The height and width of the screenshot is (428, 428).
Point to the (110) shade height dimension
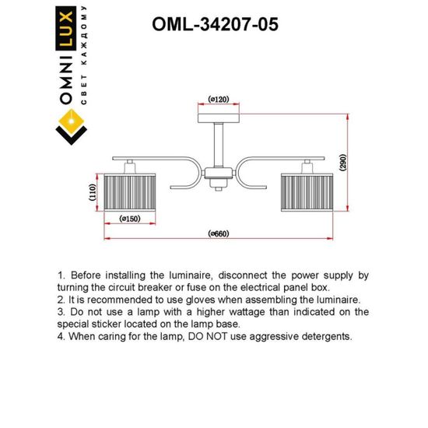tap(93, 191)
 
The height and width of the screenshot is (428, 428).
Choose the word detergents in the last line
tap(326, 336)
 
